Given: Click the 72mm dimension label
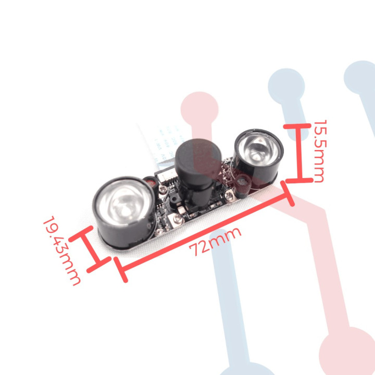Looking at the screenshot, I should click(215, 241).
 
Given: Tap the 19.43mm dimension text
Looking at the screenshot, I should click(62, 251).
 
